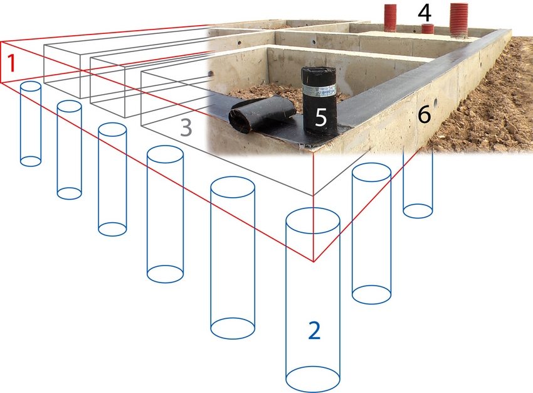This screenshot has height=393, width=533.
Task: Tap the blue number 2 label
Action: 314,330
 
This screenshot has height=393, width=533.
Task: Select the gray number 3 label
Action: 186,127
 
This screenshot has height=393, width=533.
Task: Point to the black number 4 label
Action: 426,12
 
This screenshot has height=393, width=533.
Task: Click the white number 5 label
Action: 320,118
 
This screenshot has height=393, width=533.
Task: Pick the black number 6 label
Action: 424,114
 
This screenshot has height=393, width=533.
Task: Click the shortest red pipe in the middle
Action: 428,28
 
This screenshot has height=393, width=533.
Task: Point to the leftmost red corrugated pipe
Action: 391,18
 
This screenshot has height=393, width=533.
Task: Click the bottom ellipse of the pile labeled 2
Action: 313,379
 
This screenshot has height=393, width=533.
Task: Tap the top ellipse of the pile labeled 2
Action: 313,220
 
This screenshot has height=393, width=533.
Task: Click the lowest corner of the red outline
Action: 313,261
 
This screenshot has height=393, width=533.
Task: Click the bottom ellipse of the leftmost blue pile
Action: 31,161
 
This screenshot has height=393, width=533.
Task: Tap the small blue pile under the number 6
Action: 418,188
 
